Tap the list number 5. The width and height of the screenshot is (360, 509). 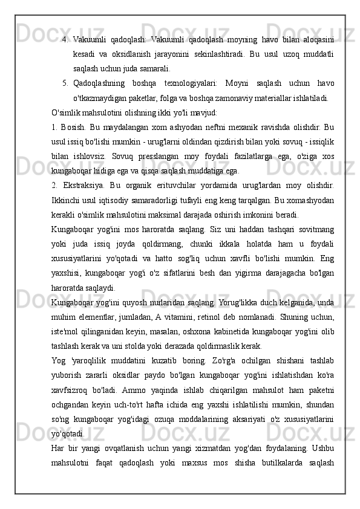coord(65,82)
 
